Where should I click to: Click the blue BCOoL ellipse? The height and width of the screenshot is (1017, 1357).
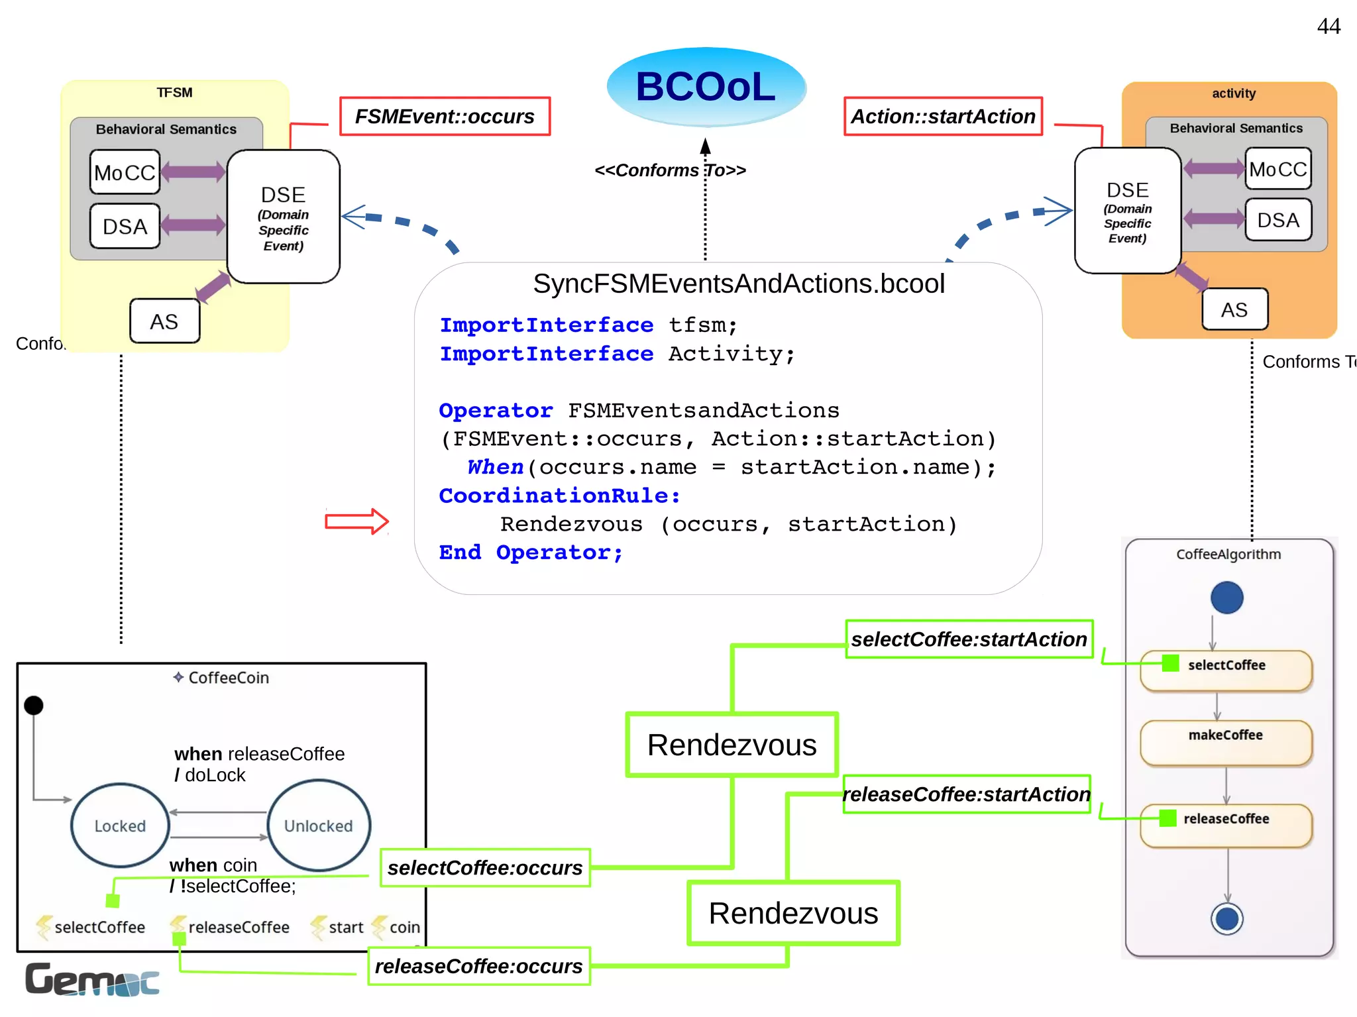pyautogui.click(x=706, y=87)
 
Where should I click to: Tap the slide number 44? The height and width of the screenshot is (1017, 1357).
pyautogui.click(x=1328, y=27)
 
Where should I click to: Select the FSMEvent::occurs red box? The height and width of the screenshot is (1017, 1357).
pyautogui.click(x=445, y=117)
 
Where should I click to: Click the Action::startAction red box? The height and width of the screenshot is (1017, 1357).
pyautogui.click(x=942, y=117)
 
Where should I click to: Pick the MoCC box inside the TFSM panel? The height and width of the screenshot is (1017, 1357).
pyautogui.click(x=125, y=172)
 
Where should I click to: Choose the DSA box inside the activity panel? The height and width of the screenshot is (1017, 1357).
pyautogui.click(x=1277, y=220)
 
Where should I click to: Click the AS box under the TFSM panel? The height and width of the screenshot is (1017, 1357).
pyautogui.click(x=164, y=321)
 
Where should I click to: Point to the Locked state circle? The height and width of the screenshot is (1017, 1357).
pyautogui.click(x=120, y=826)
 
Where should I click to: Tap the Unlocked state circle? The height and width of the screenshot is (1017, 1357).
pyautogui.click(x=319, y=826)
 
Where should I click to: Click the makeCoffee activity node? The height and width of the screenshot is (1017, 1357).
pyautogui.click(x=1226, y=742)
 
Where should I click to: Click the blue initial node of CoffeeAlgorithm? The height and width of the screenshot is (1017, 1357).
pyautogui.click(x=1226, y=598)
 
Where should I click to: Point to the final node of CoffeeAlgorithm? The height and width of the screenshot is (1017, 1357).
pyautogui.click(x=1226, y=919)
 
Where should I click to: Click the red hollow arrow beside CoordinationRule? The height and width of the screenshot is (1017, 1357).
pyautogui.click(x=356, y=521)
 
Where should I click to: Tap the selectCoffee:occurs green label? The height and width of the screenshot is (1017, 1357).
pyautogui.click(x=485, y=868)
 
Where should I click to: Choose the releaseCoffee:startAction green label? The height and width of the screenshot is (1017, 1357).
pyautogui.click(x=966, y=794)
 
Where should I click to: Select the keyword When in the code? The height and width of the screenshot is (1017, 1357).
pyautogui.click(x=495, y=467)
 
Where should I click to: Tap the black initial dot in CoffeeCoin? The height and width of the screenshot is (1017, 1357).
pyautogui.click(x=34, y=706)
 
